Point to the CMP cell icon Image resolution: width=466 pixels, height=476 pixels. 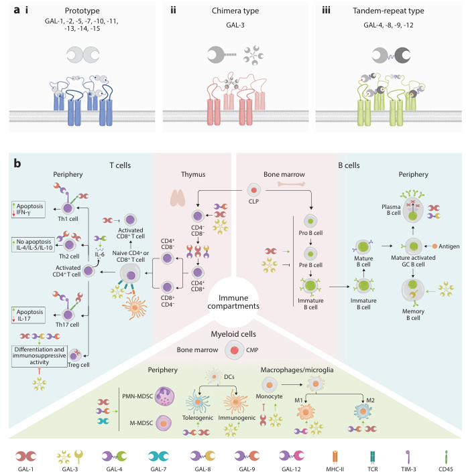233,349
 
